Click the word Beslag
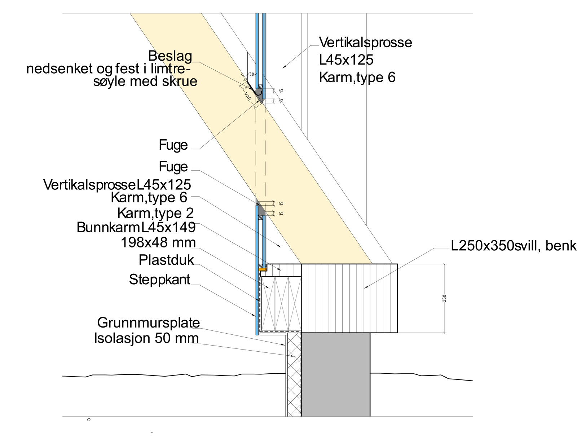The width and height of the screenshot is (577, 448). point(170,57)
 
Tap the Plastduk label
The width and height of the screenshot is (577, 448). point(166,260)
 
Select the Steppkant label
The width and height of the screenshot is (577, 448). point(160,280)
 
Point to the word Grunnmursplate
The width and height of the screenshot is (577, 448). point(149,322)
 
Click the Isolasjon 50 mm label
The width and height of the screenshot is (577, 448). point(146,338)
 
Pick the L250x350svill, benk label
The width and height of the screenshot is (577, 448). point(514,246)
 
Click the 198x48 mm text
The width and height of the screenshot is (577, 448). point(158,242)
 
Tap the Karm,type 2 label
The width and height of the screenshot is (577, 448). point(155,213)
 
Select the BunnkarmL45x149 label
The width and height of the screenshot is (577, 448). point(136,228)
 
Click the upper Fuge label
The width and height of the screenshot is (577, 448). point(173,145)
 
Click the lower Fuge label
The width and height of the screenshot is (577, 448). point(173,167)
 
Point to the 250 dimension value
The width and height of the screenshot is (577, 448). point(445,298)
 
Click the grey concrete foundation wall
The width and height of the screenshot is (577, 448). point(335,375)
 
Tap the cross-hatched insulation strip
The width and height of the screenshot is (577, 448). point(294,375)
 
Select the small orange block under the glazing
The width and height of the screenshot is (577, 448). point(263,269)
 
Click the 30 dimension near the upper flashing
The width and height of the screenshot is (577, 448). point(252,74)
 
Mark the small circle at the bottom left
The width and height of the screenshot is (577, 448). point(89,420)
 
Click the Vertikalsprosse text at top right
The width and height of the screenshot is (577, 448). point(366,43)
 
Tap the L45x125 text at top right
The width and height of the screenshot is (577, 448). point(346,60)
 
